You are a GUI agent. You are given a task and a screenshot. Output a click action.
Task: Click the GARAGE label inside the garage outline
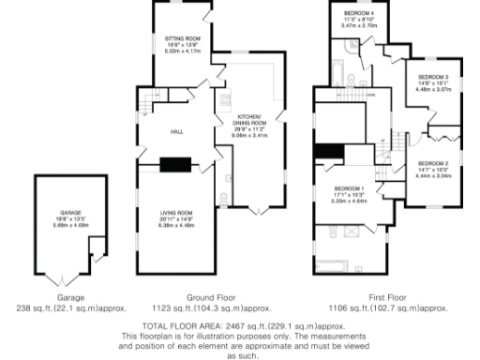pos(71,213)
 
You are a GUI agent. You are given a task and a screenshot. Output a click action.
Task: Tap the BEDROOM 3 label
pos(433,76)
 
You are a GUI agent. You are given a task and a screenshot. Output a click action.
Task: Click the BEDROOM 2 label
pos(433,163)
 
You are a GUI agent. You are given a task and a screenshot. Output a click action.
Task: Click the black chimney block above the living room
pos(173,165)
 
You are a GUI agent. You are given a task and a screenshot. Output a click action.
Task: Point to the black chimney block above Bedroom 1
pos(326,152)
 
